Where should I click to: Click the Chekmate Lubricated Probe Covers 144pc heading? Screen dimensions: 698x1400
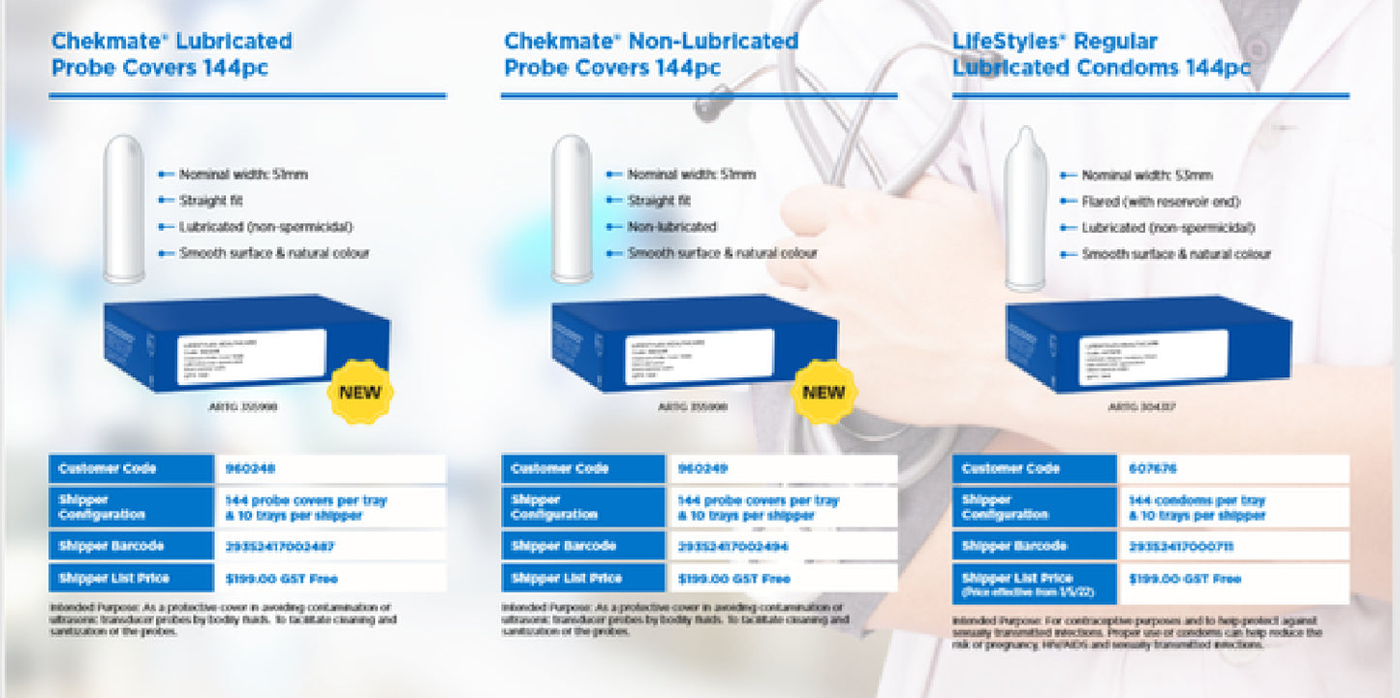(171, 54)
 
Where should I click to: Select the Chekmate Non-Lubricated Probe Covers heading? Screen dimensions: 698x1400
(650, 54)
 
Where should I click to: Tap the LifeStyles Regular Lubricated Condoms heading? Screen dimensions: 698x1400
(1102, 54)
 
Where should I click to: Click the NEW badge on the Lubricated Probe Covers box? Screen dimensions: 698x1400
(359, 393)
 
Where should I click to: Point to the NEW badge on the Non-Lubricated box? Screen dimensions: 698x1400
(824, 393)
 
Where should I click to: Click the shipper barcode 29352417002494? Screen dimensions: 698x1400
(733, 546)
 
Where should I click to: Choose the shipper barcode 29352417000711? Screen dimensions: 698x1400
(1181, 547)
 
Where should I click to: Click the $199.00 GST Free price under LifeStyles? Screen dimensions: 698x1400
(1184, 579)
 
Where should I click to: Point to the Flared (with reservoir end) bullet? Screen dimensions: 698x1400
(1161, 202)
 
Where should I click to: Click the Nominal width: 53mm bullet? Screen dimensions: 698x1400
(1146, 175)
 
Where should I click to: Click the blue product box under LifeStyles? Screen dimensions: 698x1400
(1147, 343)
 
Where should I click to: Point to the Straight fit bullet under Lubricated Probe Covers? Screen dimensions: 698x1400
(210, 201)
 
